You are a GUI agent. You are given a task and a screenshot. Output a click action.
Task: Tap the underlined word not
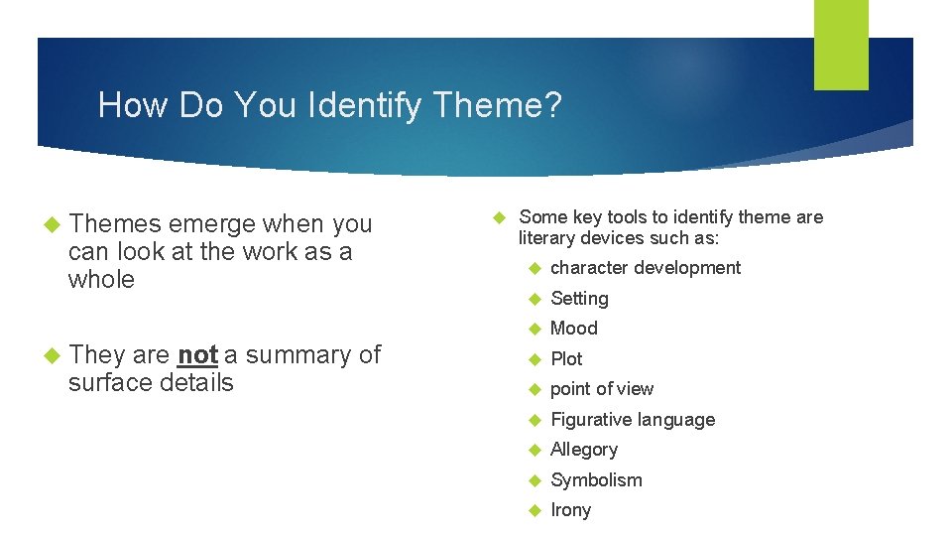pos(198,354)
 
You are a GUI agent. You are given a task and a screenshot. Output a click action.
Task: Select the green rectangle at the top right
pos(841,44)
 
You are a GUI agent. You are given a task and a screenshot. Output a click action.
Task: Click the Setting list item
pos(579,298)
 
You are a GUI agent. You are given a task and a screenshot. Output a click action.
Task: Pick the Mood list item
pos(574,329)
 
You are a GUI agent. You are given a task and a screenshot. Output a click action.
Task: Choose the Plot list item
pos(566,358)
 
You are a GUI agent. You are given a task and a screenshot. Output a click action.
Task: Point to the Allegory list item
pos(584,450)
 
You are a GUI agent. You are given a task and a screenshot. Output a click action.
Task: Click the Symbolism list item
pos(596,480)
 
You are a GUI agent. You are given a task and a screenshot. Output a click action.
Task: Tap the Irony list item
pos(570,510)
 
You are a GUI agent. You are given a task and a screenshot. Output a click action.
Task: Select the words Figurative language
pos(633,420)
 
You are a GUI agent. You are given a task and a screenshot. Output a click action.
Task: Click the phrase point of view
pos(602,389)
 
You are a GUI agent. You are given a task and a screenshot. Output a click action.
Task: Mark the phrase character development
pos(646,268)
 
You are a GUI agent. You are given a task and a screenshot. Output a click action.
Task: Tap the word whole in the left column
pos(101,279)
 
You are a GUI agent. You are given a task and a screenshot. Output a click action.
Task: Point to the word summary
pos(296,354)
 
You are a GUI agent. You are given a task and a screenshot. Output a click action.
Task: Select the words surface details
pos(151,382)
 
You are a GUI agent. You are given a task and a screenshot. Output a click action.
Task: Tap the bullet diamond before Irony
pos(535,510)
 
